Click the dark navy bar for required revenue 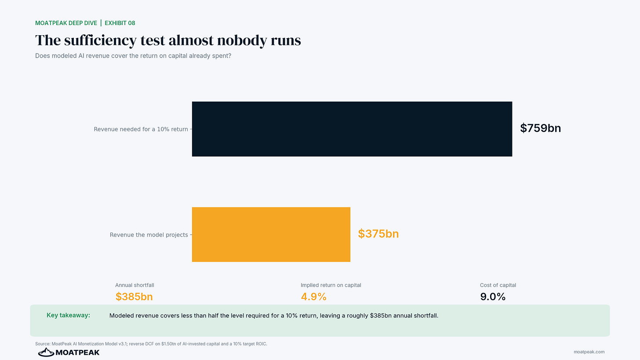click(352, 129)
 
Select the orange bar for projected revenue click(271, 234)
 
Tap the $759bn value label click(540, 128)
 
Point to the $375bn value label click(378, 234)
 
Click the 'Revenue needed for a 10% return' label click(141, 129)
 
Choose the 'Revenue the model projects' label click(149, 235)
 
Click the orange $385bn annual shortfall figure click(134, 297)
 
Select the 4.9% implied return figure click(313, 297)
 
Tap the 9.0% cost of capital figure click(493, 297)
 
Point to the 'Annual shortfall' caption click(135, 285)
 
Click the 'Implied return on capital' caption click(331, 285)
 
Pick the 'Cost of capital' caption click(498, 285)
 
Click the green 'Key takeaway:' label click(68, 315)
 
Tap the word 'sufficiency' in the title click(100, 40)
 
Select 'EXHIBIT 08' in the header click(120, 23)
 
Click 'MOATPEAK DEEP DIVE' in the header click(66, 23)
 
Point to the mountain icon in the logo click(46, 352)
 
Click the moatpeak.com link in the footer click(589, 352)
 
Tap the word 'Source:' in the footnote click(43, 344)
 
